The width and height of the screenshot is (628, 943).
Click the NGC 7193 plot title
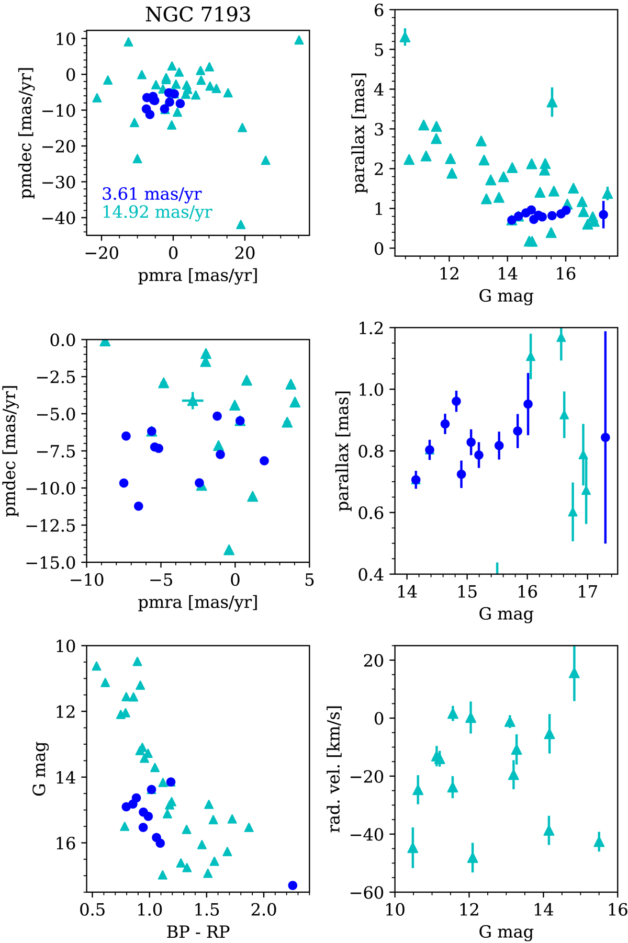click(198, 14)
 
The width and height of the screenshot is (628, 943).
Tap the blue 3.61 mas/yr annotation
click(152, 194)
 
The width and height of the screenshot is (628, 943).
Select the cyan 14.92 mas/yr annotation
click(157, 212)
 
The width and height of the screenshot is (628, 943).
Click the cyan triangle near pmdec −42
click(241, 225)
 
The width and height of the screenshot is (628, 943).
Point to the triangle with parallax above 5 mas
click(405, 37)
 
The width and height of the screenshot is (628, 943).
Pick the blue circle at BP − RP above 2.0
click(293, 885)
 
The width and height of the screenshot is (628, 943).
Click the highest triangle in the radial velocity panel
click(574, 673)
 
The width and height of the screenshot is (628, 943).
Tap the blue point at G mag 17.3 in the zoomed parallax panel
click(605, 437)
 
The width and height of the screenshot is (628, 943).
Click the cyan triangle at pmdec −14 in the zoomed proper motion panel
click(229, 550)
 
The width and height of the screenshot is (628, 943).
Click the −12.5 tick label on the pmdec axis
click(55, 526)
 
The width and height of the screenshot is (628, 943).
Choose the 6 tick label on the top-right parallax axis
click(379, 10)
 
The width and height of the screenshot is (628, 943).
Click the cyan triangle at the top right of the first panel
click(299, 40)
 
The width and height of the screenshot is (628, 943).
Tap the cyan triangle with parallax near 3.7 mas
click(552, 103)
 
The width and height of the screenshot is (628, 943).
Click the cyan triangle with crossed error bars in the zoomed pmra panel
click(193, 401)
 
